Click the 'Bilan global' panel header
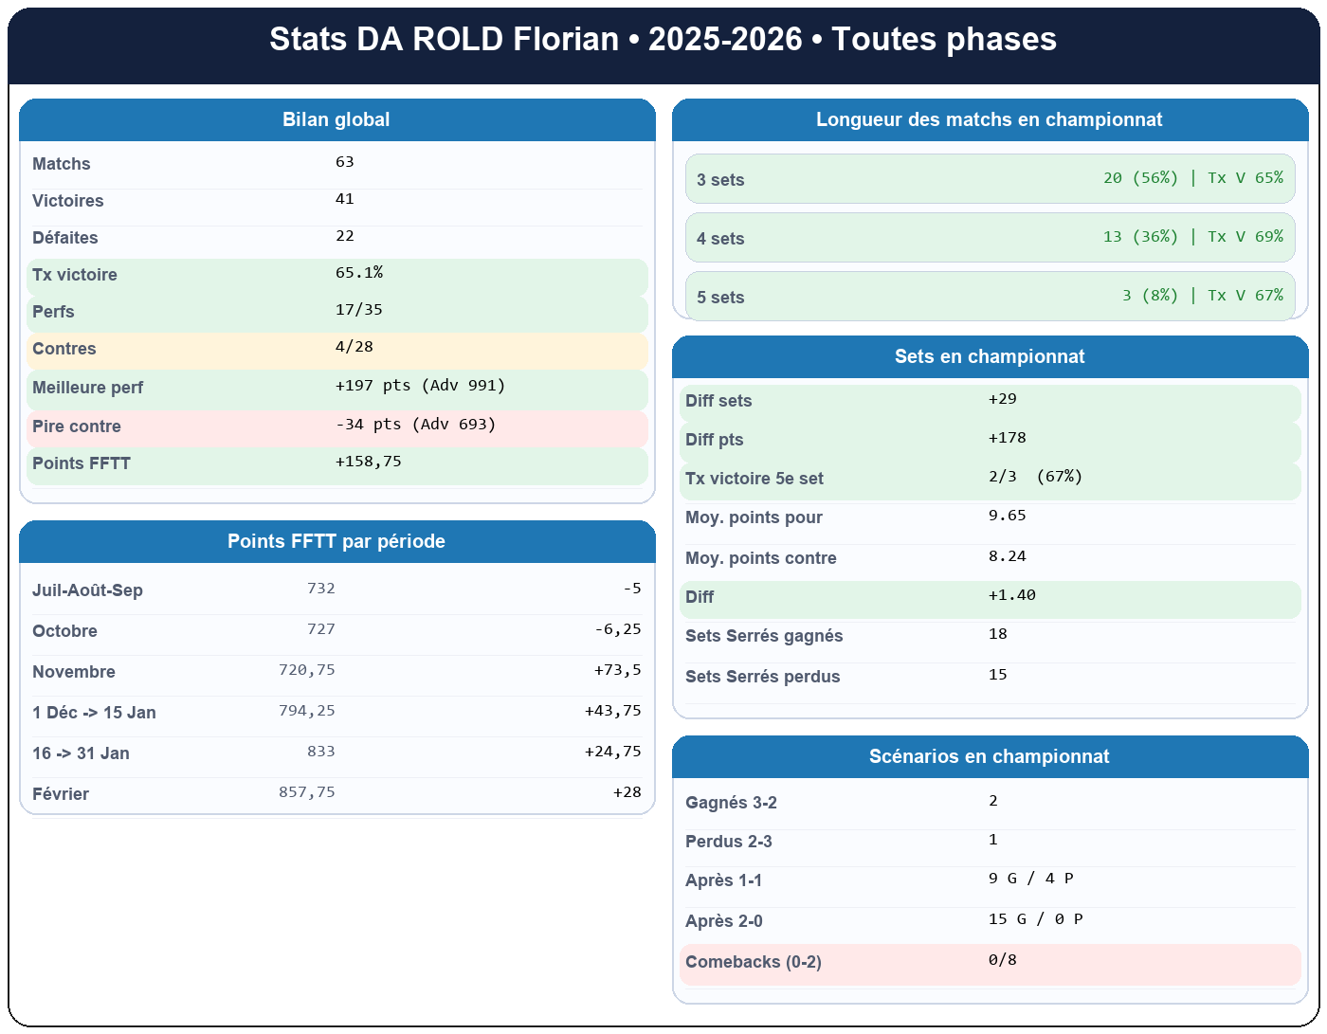pyautogui.click(x=336, y=120)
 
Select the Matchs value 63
pyautogui.click(x=345, y=162)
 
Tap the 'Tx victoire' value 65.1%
pyautogui.click(x=359, y=273)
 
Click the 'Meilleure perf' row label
pyautogui.click(x=87, y=388)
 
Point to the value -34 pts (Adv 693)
pyautogui.click(x=415, y=425)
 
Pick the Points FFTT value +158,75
pyautogui.click(x=368, y=462)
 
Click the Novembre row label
pyautogui.click(x=74, y=672)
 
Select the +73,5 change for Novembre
pyautogui.click(x=617, y=670)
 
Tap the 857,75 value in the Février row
pyautogui.click(x=307, y=792)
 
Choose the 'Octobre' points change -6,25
pyautogui.click(x=617, y=629)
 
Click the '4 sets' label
pyautogui.click(x=720, y=239)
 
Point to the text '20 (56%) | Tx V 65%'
pyautogui.click(x=1192, y=178)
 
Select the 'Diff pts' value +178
pyautogui.click(x=1008, y=438)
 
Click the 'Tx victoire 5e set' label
pyautogui.click(x=754, y=479)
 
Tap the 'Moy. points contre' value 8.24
pyautogui.click(x=1008, y=556)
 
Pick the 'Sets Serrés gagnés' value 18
pyautogui.click(x=998, y=634)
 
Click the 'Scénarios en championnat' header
pyautogui.click(x=990, y=757)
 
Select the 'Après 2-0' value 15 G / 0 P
pyautogui.click(x=1035, y=919)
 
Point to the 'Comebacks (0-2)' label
pyautogui.click(x=754, y=962)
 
